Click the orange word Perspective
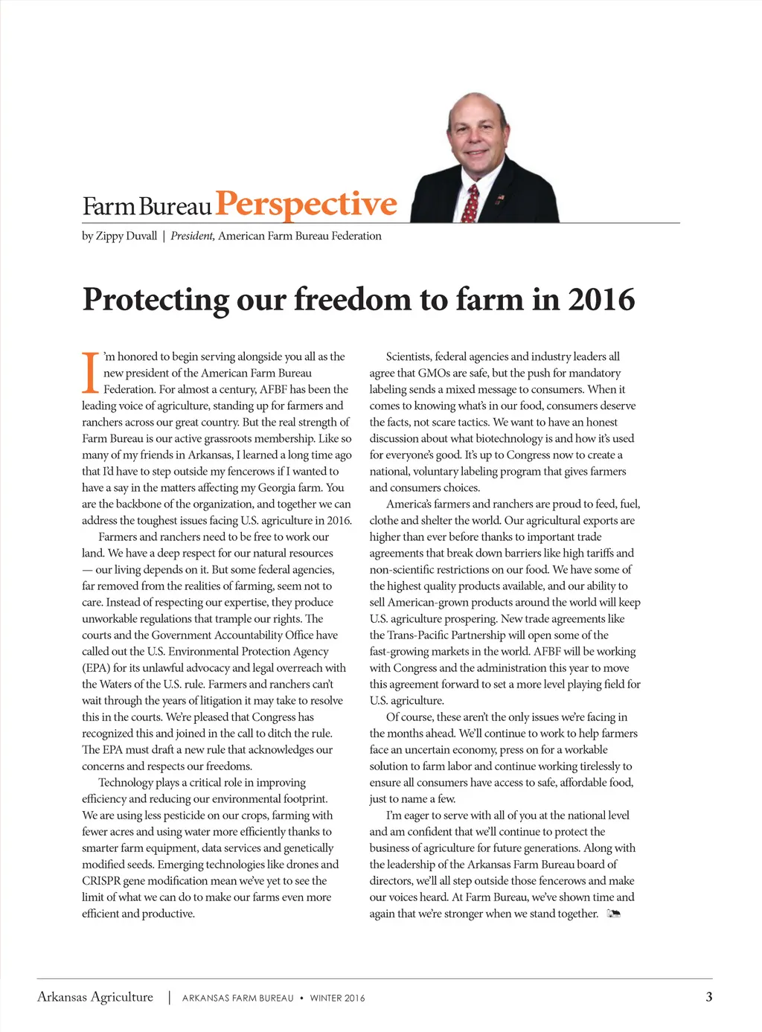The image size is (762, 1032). (x=306, y=204)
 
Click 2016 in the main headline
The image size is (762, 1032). (x=601, y=299)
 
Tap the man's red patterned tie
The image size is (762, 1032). (x=470, y=203)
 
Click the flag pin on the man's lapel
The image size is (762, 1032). (x=500, y=198)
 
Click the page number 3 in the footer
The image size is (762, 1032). (x=708, y=997)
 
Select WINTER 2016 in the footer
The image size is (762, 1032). (x=337, y=998)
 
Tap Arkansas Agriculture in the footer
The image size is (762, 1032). (x=95, y=997)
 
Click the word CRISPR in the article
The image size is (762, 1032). (x=101, y=881)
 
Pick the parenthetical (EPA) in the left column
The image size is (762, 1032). (x=96, y=668)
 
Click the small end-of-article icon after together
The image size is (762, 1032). (x=614, y=914)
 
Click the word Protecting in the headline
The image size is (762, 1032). (x=156, y=299)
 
